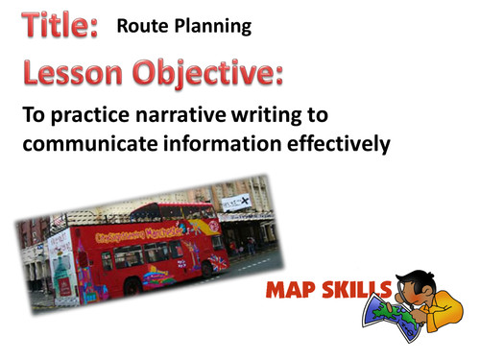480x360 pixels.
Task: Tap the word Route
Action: point(141,27)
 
